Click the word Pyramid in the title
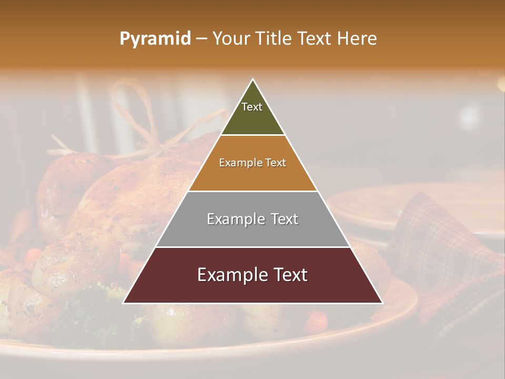[155, 39]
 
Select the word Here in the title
[357, 38]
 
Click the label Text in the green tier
[252, 107]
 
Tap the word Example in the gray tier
[231, 219]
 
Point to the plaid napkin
[442, 247]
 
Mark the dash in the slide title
[201, 39]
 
